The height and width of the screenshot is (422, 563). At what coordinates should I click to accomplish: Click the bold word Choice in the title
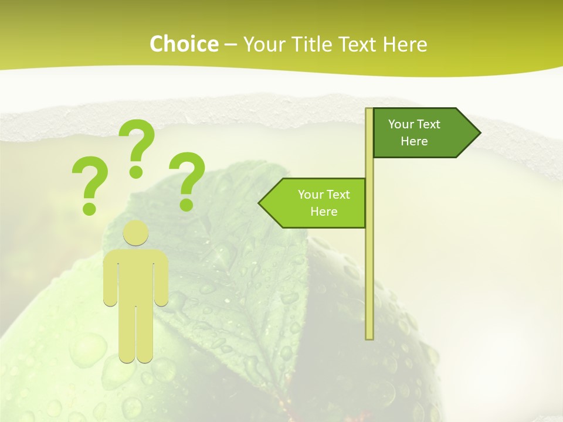(184, 44)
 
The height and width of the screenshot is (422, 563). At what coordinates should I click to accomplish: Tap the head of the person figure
(135, 232)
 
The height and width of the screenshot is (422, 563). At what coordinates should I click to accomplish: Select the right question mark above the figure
(188, 173)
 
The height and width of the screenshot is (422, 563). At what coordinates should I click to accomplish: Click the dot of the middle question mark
(136, 172)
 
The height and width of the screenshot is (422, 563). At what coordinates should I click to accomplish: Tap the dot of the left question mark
(89, 208)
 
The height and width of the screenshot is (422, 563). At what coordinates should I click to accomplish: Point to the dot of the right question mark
(186, 205)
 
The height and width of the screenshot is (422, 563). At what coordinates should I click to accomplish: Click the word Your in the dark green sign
(401, 124)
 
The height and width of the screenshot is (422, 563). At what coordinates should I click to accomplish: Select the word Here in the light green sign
(324, 212)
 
